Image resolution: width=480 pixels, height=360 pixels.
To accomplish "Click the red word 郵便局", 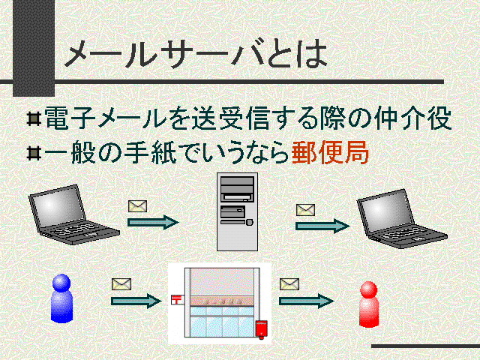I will pyautogui.click(x=329, y=153).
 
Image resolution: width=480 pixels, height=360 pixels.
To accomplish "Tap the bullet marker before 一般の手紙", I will pyautogui.click(x=33, y=153).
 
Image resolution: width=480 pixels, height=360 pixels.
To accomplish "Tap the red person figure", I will pyautogui.click(x=368, y=304).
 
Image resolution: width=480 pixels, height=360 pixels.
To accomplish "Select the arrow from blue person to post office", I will pyautogui.click(x=135, y=301).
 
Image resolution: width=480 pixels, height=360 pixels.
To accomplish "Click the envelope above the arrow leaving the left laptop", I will pyautogui.click(x=136, y=205).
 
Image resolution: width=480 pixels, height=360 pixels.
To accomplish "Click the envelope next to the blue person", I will pyautogui.click(x=121, y=284).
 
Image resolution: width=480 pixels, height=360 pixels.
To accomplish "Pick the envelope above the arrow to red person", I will pyautogui.click(x=289, y=283).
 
